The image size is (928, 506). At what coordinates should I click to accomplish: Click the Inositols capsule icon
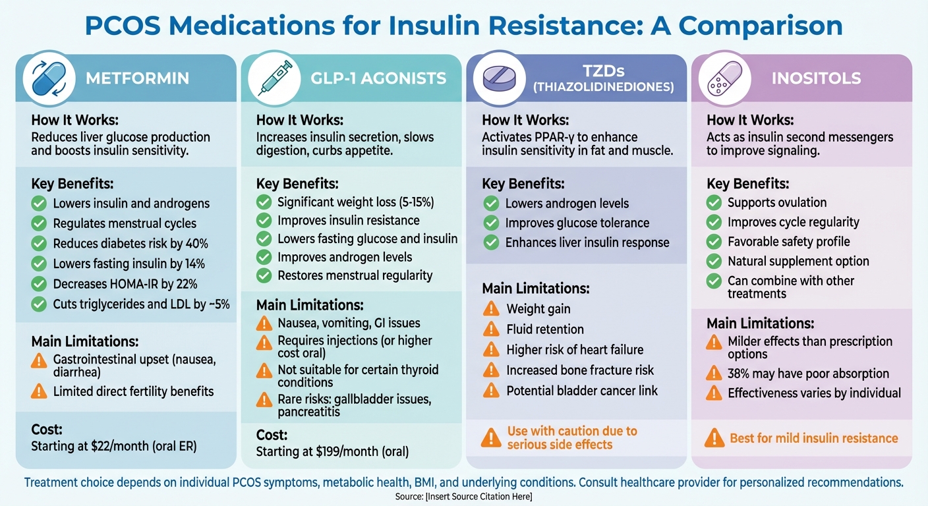(x=725, y=78)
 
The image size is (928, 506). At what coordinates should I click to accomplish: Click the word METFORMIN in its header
(x=137, y=78)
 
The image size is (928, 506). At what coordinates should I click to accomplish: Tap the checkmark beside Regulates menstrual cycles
(x=40, y=224)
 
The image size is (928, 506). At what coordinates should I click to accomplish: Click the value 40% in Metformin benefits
(x=196, y=244)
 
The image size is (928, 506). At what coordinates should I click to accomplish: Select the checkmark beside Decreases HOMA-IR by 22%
(x=40, y=285)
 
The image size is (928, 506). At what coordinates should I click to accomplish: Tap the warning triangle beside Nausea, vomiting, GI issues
(x=264, y=323)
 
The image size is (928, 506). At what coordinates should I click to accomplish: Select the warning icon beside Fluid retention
(x=491, y=329)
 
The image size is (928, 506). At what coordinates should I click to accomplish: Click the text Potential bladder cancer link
(x=582, y=391)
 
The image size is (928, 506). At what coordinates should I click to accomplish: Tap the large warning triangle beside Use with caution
(x=491, y=437)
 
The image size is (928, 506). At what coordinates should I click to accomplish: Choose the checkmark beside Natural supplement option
(x=714, y=262)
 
